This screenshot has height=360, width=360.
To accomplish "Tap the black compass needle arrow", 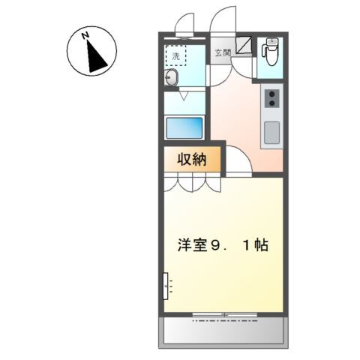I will click(x=94, y=57).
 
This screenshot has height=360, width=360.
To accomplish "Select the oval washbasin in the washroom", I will click(x=172, y=79).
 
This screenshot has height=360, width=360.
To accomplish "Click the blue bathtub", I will click(x=185, y=127).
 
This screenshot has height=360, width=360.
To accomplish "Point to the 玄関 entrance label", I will click(x=222, y=52).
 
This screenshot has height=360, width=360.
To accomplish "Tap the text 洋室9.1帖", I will click(x=223, y=244).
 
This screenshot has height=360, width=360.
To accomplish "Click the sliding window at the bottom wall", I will click(x=223, y=313).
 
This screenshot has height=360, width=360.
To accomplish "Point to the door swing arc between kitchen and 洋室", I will click(x=238, y=163).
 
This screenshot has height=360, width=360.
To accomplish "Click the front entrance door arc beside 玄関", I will click(x=222, y=21).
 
